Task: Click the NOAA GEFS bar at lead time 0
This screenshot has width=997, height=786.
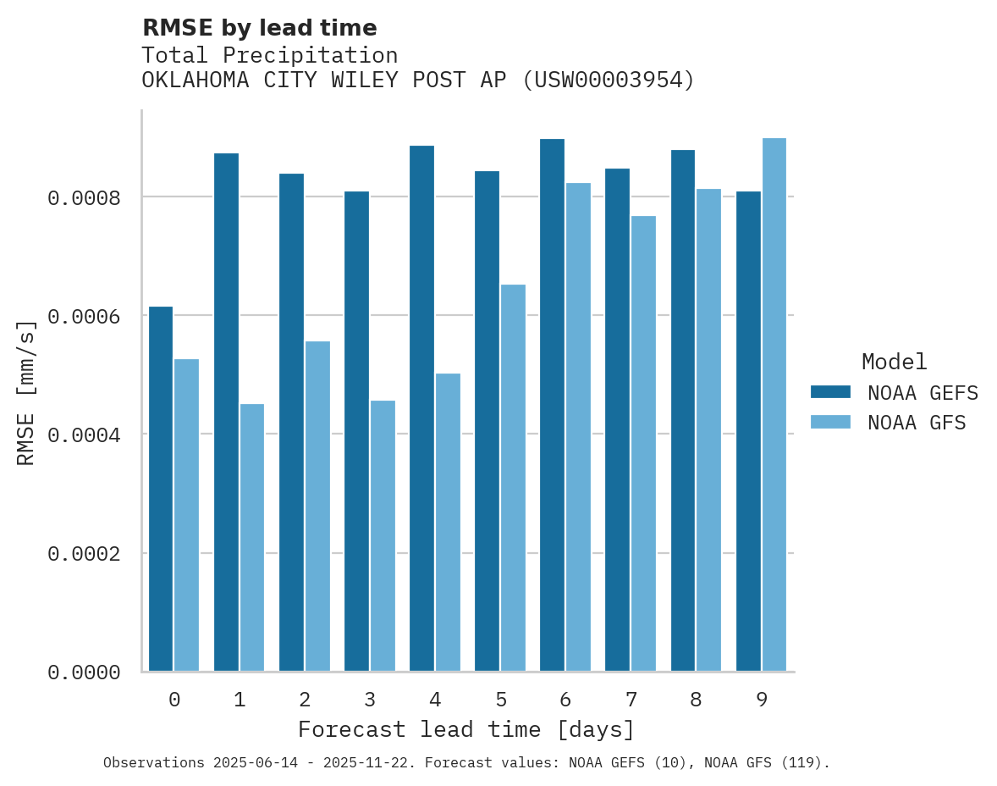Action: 161,489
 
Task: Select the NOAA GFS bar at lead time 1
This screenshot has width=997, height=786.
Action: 252,538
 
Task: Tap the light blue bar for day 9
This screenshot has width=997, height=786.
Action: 774,405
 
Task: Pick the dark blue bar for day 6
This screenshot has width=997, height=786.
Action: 552,405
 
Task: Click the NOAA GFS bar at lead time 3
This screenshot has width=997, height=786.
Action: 383,536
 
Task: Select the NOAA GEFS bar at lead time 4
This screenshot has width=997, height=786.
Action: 421,408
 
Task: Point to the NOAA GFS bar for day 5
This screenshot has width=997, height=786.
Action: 513,478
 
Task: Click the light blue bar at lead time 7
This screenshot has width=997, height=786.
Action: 643,444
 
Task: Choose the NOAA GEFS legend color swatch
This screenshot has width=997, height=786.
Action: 830,392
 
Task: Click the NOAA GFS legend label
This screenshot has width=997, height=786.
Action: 917,423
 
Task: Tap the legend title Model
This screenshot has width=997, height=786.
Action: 894,362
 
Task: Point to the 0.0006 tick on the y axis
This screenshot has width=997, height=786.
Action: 84,316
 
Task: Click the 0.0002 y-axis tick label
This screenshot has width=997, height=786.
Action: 84,554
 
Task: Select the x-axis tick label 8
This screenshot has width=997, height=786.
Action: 696,700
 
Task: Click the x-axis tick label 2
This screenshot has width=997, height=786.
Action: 305,700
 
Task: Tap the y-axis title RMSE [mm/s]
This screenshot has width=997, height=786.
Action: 26,392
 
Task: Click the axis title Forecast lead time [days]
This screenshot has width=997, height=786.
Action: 466,729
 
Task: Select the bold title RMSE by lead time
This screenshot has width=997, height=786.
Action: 259,28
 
